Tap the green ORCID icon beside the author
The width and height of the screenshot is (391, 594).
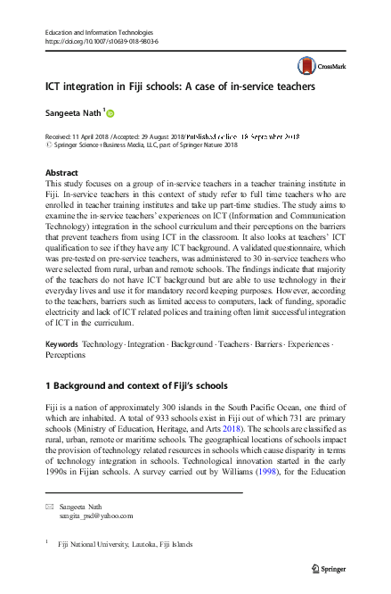[111, 114]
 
